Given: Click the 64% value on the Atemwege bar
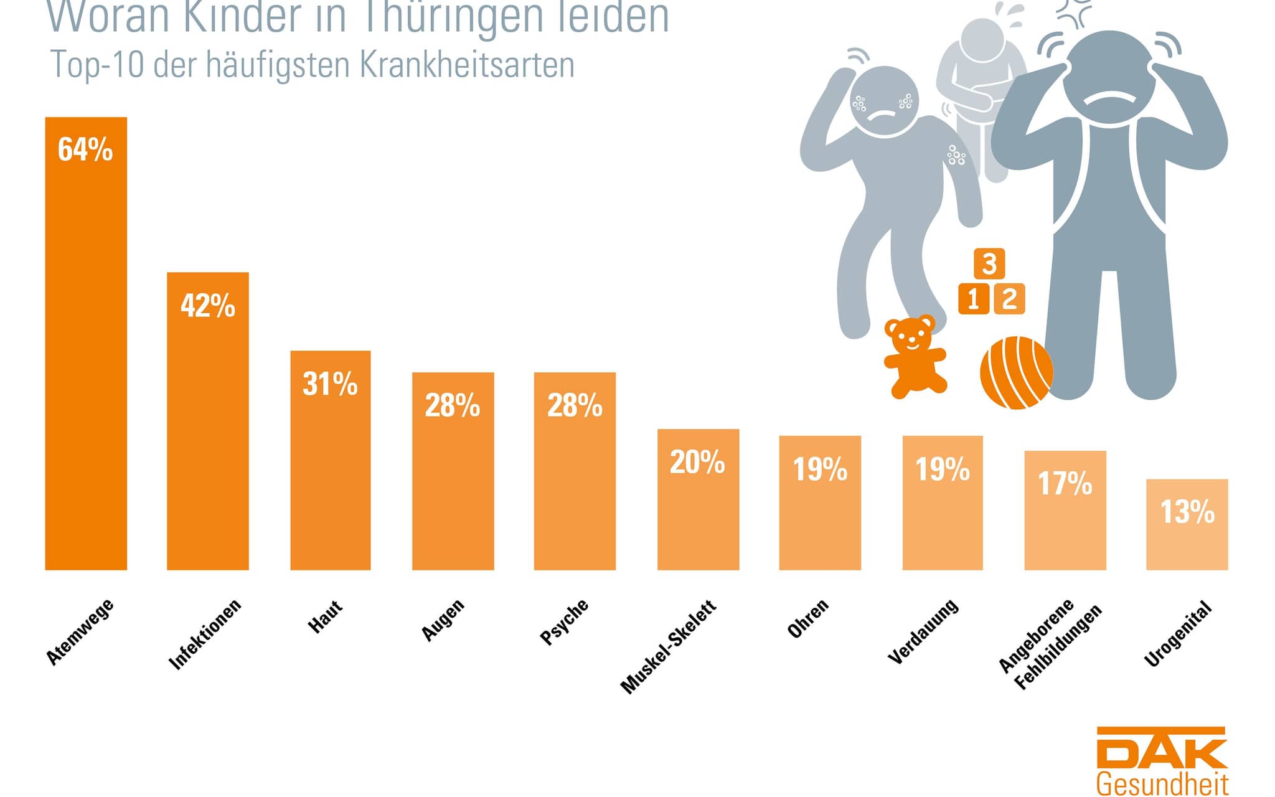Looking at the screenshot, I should (85, 150).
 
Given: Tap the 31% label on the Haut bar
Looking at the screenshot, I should (330, 384).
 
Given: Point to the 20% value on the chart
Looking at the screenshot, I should (697, 462).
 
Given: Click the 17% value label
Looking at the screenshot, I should (1065, 484).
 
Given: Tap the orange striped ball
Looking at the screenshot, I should (1016, 372).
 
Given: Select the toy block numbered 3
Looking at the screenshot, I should (989, 263).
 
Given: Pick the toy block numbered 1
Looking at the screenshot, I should (974, 299).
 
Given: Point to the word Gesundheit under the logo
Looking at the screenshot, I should (1162, 784).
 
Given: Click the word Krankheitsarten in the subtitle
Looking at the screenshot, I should (467, 65).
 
